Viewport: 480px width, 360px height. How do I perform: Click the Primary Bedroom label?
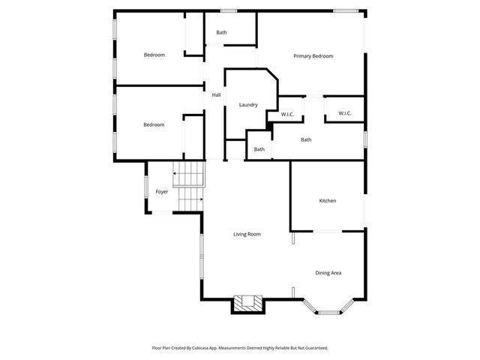point(313,56)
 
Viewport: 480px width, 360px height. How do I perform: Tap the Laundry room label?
point(248,105)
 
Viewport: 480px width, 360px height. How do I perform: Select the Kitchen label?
point(327,201)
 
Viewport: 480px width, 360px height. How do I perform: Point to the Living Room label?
point(247,235)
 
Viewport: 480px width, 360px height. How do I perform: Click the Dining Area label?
point(328,273)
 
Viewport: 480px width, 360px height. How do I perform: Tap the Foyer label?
point(161,192)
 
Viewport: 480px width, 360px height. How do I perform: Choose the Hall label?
point(216,95)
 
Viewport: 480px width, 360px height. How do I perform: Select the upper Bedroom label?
point(154,55)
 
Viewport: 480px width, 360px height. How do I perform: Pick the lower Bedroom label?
point(154,124)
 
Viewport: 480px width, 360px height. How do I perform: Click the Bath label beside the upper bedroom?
point(222,32)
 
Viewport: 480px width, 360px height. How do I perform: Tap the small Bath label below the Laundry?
point(259,149)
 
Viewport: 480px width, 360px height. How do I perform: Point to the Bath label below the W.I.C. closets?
point(306,139)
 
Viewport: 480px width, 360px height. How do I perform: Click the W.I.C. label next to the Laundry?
point(287,114)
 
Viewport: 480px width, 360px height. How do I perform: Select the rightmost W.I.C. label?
point(345,113)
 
